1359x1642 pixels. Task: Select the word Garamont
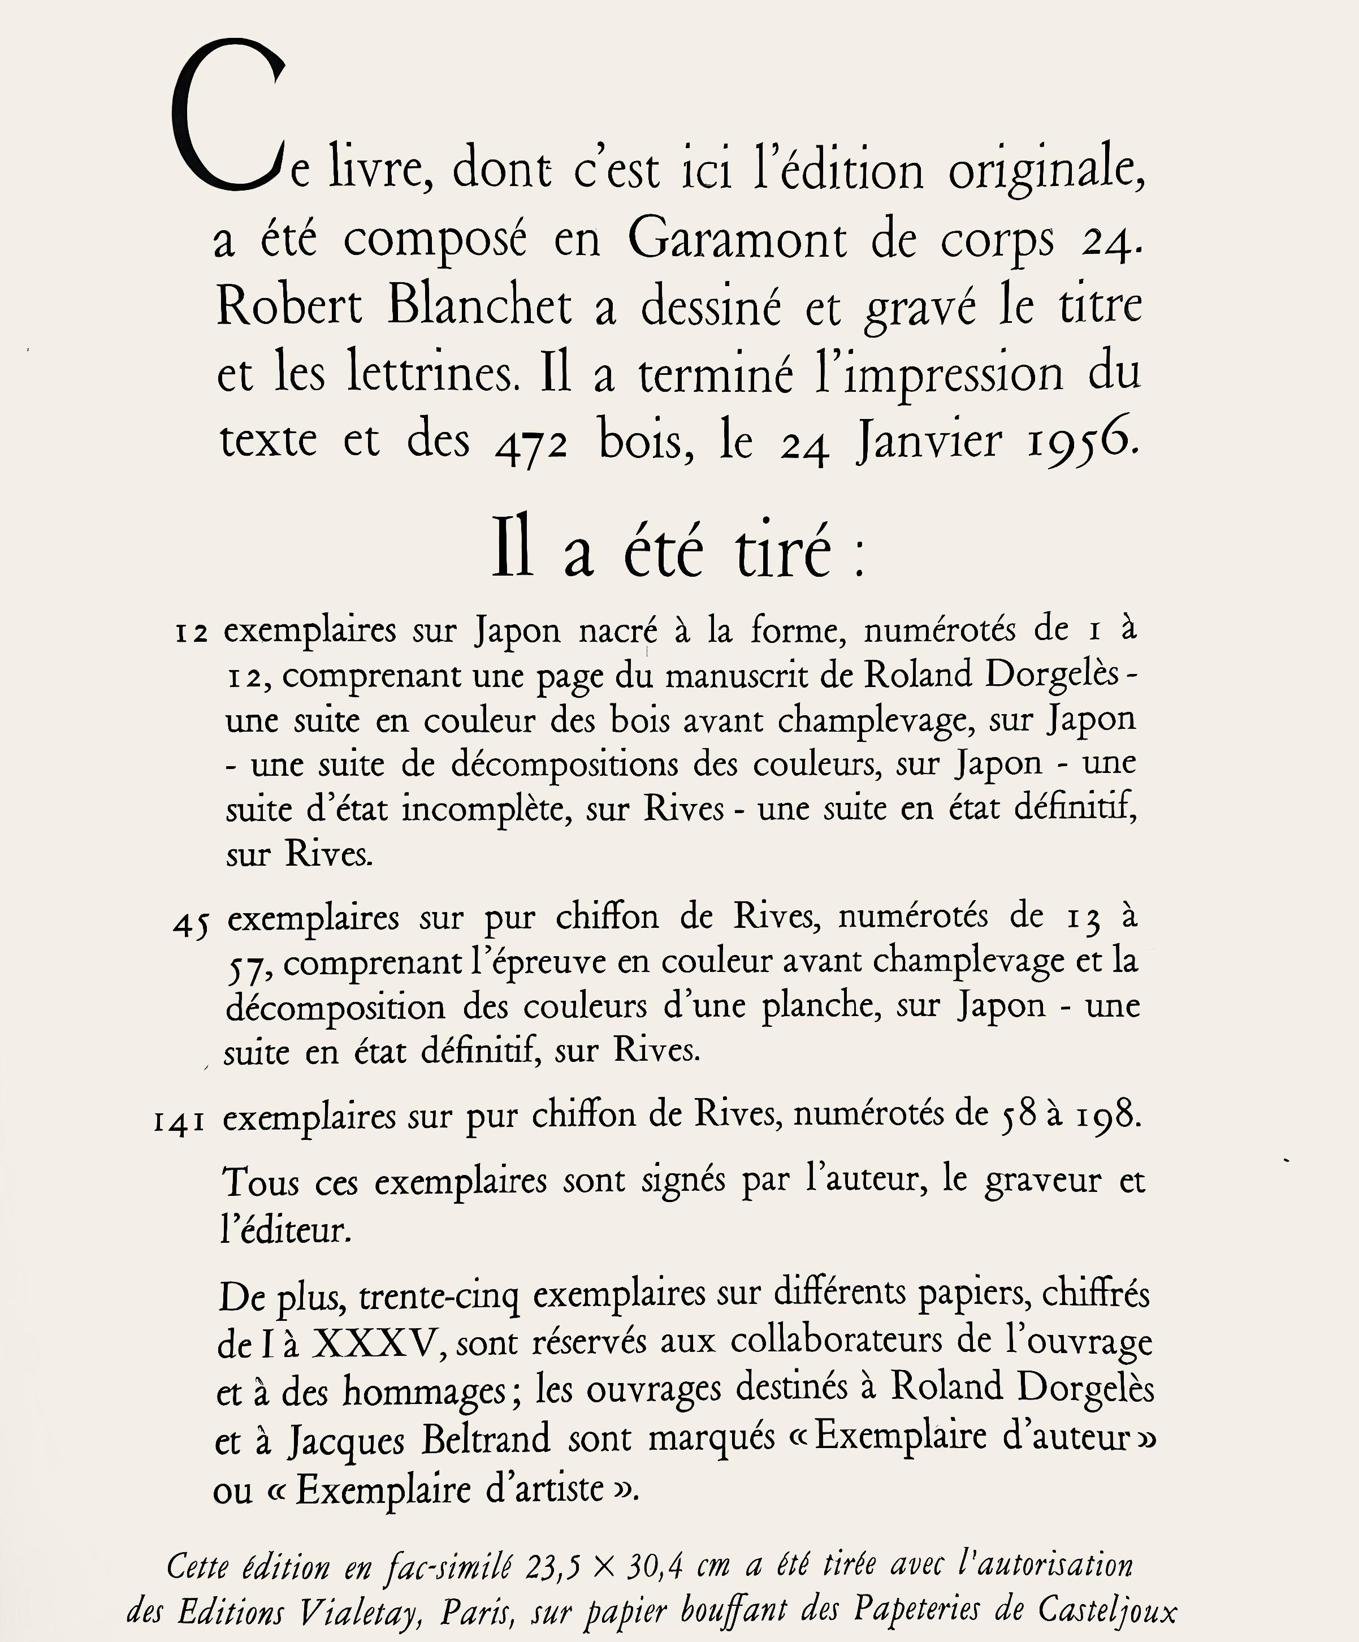737,239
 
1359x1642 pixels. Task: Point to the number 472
532,444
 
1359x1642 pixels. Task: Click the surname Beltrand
486,1440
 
